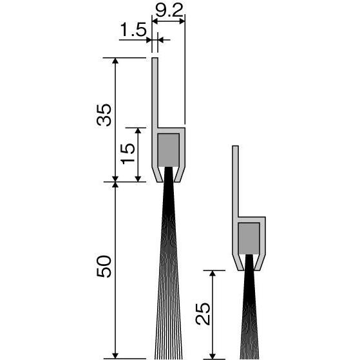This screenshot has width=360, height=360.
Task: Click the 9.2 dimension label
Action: pyautogui.click(x=169, y=10)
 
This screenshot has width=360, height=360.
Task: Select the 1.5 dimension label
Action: pyautogui.click(x=133, y=30)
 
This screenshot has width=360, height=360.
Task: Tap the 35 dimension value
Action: pyautogui.click(x=104, y=115)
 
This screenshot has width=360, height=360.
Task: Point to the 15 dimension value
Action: pyautogui.click(x=128, y=153)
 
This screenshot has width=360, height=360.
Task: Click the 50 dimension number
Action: pyautogui.click(x=104, y=267)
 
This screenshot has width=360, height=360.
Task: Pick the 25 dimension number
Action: pyautogui.click(x=203, y=314)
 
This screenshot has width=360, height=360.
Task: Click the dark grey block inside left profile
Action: pyautogui.click(x=169, y=150)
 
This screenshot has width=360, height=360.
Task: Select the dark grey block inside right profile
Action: pyautogui.click(x=249, y=238)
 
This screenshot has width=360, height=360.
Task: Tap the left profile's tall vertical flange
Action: pyautogui.click(x=155, y=93)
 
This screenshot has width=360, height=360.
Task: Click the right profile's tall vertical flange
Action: pyautogui.click(x=235, y=182)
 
